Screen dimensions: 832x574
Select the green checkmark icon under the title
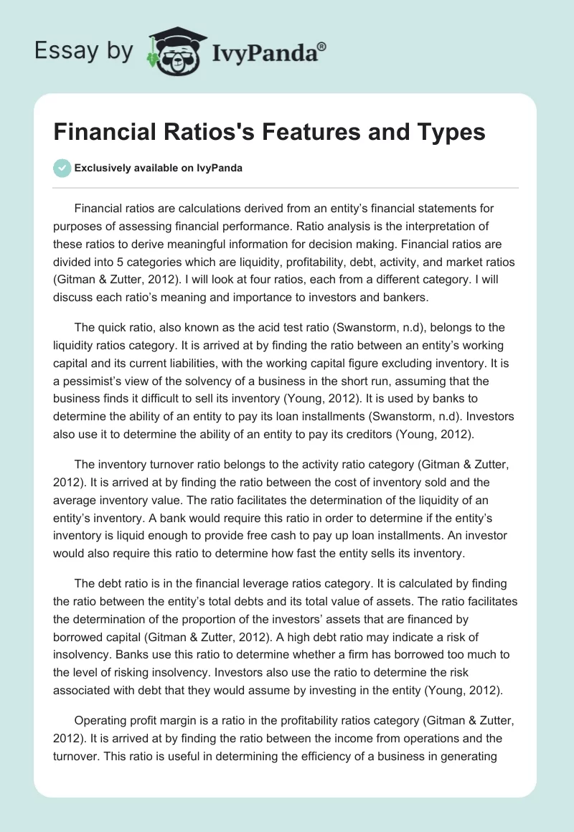tap(62, 168)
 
